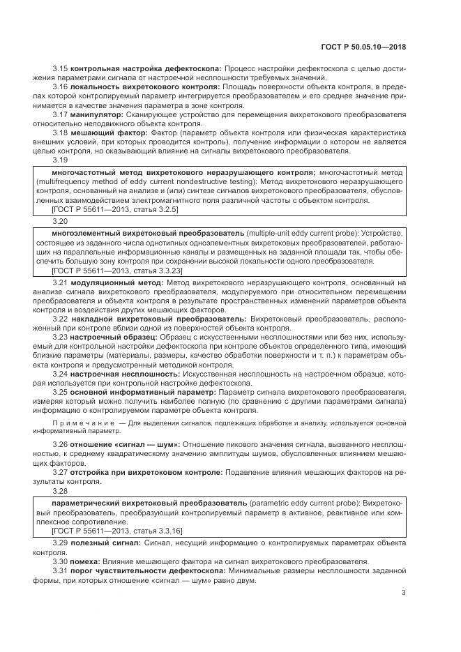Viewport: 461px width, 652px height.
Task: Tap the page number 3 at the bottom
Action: [x=404, y=593]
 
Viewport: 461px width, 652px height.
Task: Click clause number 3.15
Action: [x=60, y=68]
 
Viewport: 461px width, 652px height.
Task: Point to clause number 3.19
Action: [x=60, y=159]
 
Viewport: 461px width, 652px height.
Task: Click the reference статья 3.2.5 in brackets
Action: [x=137, y=209]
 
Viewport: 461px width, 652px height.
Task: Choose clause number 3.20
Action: [x=60, y=221]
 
